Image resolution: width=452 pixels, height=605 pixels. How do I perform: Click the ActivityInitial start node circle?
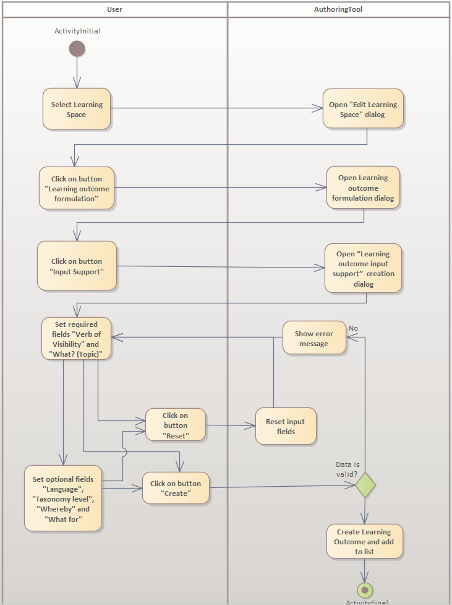click(x=77, y=48)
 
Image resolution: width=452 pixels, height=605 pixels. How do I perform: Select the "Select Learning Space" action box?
click(x=77, y=109)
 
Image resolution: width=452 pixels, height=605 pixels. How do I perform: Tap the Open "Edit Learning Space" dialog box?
click(x=363, y=109)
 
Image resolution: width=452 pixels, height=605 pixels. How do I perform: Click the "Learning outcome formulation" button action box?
click(x=77, y=188)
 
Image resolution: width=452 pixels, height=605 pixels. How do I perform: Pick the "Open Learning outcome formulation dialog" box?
click(x=363, y=188)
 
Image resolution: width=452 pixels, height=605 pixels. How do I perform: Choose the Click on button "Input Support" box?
click(x=77, y=266)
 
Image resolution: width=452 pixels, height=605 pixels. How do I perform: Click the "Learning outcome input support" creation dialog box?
click(x=363, y=268)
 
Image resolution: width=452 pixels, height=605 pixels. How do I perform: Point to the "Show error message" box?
click(x=314, y=338)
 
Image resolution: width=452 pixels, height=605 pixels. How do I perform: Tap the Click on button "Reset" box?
click(x=175, y=425)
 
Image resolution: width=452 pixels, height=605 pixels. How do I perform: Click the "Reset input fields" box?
click(x=286, y=426)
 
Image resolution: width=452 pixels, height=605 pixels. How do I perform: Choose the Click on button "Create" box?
click(x=176, y=488)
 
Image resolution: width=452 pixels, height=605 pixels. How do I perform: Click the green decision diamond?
click(x=365, y=484)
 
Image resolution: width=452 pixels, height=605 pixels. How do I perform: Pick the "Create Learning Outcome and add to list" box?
click(x=364, y=541)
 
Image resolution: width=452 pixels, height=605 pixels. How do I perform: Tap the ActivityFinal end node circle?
click(x=365, y=590)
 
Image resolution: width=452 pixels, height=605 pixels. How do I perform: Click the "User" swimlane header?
click(x=114, y=9)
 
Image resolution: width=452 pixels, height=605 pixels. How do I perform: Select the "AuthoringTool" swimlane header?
click(x=338, y=9)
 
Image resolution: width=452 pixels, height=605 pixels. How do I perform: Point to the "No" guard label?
click(x=353, y=328)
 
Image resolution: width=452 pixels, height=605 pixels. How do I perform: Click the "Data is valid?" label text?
click(x=347, y=469)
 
